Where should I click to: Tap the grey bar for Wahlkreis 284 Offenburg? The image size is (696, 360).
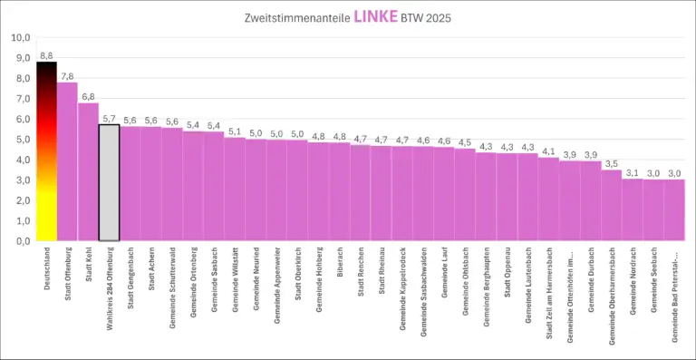tap(109, 182)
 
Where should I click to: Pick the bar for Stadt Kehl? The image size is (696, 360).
tap(88, 172)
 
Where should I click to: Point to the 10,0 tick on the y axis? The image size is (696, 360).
tap(20, 38)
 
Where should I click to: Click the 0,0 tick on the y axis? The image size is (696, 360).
tap(20, 241)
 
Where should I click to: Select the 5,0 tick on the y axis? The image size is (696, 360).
tap(20, 140)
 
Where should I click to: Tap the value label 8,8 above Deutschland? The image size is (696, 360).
tap(46, 55)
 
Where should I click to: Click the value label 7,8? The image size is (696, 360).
tap(67, 76)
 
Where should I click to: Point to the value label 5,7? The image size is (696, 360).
tap(109, 118)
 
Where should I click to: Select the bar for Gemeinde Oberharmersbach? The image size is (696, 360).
tap(612, 206)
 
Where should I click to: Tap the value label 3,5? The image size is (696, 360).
tap(612, 163)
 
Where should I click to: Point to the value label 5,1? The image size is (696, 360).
tap(235, 131)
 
